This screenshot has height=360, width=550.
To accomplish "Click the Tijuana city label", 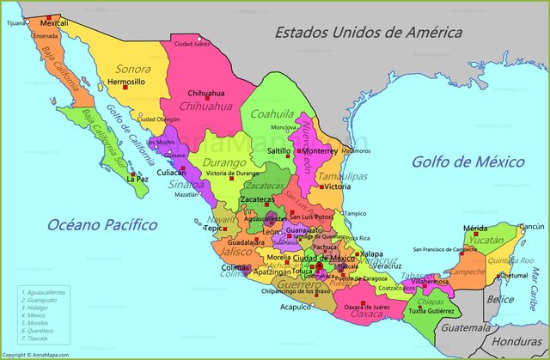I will (15, 24).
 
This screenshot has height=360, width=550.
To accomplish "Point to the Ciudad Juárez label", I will (191, 44).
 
